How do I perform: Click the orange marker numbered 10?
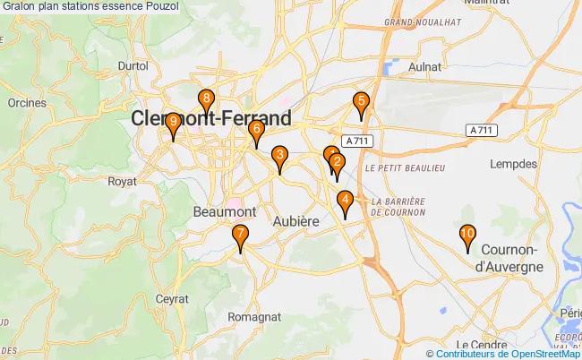pos(466,236)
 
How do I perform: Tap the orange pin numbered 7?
pos(240,236)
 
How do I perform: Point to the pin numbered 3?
pos(279,157)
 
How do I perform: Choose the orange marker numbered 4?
pos(345,201)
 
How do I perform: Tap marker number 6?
pos(256,131)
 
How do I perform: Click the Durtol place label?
pos(133,65)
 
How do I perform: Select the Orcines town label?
pos(26,103)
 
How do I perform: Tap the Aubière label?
pos(295,221)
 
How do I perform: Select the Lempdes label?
pos(515,164)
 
